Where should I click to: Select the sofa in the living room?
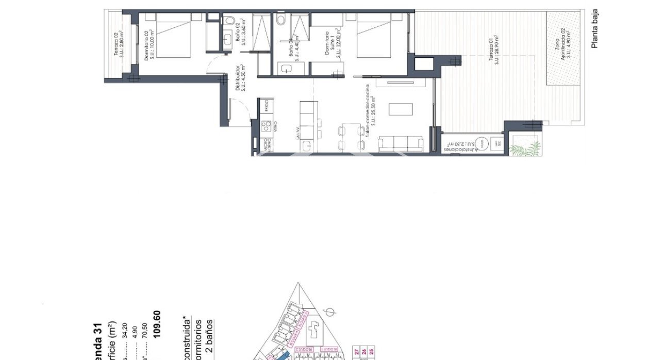pyautogui.click(x=401, y=144)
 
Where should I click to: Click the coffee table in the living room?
pyautogui.click(x=401, y=109)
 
